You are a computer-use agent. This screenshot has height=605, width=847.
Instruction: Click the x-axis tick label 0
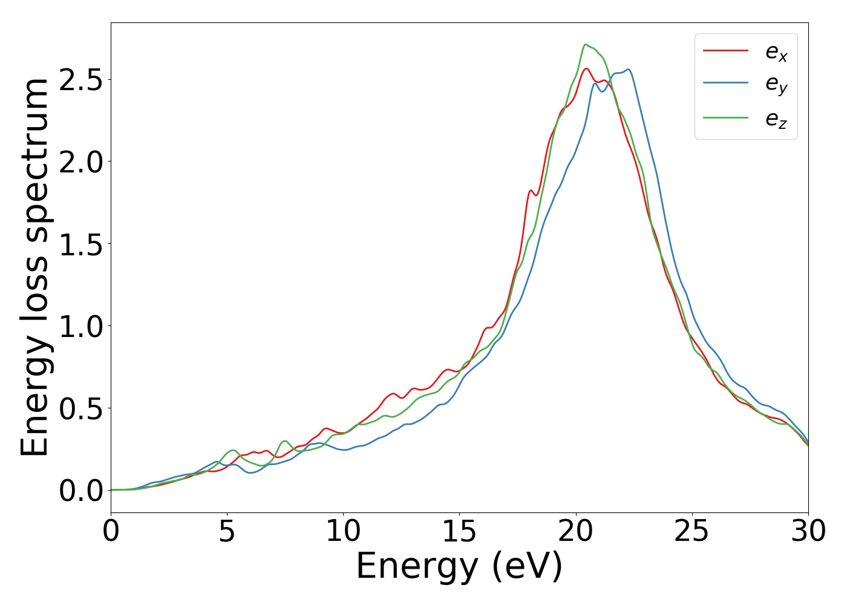111,532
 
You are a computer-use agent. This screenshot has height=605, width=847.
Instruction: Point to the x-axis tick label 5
227,532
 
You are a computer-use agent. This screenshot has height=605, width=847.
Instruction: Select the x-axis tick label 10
343,532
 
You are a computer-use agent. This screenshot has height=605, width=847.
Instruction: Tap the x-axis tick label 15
459,532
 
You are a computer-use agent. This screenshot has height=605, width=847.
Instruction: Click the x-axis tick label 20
575,532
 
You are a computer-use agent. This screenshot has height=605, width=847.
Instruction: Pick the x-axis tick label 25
692,532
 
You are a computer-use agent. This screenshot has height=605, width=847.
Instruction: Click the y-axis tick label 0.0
80,491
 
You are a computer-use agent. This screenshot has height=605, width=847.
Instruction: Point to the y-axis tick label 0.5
80,408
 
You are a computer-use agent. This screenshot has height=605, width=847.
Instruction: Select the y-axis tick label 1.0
80,326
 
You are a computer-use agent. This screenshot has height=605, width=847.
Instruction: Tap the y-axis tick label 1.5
80,244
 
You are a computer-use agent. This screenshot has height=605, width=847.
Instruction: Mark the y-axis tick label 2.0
80,162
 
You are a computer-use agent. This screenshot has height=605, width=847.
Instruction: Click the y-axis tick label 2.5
80,80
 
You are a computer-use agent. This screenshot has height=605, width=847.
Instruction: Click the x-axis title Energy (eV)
459,567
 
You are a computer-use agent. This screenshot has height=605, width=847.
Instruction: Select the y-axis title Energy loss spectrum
34,267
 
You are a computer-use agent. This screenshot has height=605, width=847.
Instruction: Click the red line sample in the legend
725,50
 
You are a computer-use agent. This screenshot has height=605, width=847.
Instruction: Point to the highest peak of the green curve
586,44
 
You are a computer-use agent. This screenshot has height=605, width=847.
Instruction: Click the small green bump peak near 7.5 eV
285,441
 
